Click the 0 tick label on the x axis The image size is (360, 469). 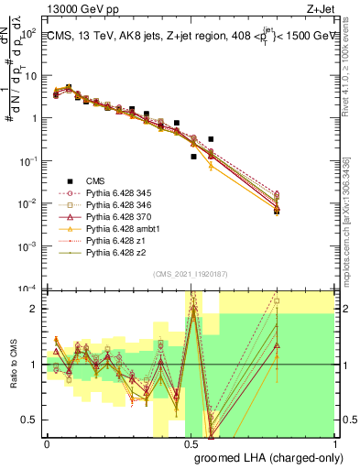pyautogui.click(x=48, y=443)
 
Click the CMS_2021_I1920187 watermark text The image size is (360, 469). pyautogui.click(x=190, y=274)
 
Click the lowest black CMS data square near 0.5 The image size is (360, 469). pyautogui.click(x=193, y=157)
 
